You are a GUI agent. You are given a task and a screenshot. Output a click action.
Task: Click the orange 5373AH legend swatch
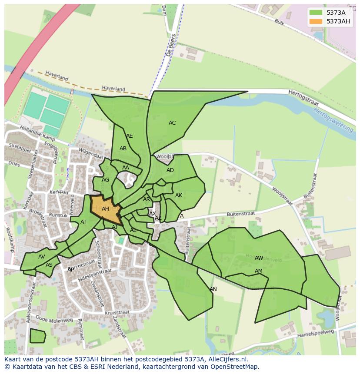316,21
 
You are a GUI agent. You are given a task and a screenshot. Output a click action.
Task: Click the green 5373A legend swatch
316,13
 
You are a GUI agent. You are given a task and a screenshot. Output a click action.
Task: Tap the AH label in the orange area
105,209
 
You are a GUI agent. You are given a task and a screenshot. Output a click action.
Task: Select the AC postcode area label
172,123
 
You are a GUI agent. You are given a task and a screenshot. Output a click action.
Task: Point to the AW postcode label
259,258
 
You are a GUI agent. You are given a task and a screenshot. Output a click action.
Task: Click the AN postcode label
213,289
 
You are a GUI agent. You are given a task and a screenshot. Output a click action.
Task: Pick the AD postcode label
170,170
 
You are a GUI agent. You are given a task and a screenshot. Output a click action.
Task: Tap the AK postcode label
179,195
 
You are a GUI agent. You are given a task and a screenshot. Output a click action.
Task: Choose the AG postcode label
105,180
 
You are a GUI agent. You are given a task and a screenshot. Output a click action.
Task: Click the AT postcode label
83,222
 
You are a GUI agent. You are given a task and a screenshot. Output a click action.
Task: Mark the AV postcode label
41,257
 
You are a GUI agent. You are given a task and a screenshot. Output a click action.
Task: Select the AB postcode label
123,149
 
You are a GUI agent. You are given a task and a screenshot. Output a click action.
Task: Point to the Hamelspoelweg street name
315,334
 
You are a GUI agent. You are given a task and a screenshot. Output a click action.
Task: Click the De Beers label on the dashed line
170,46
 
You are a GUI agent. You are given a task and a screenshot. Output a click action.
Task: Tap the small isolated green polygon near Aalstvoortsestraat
37,336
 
